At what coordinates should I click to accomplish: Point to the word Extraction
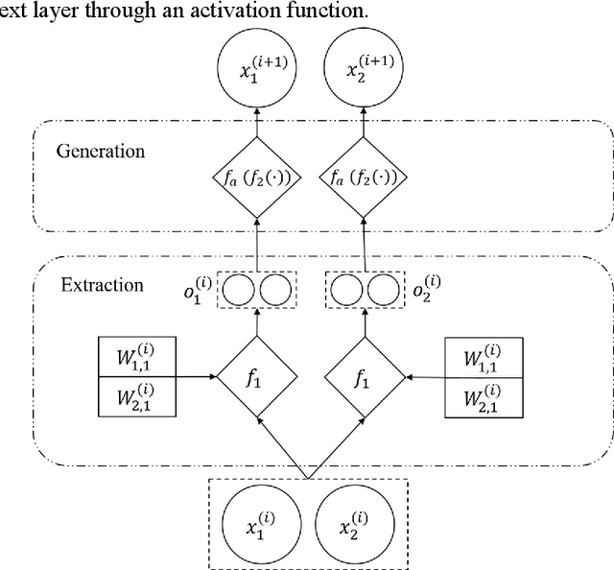[101, 285]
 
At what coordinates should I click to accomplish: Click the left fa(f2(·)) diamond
[256, 178]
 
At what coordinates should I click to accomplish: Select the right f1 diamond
[363, 378]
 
